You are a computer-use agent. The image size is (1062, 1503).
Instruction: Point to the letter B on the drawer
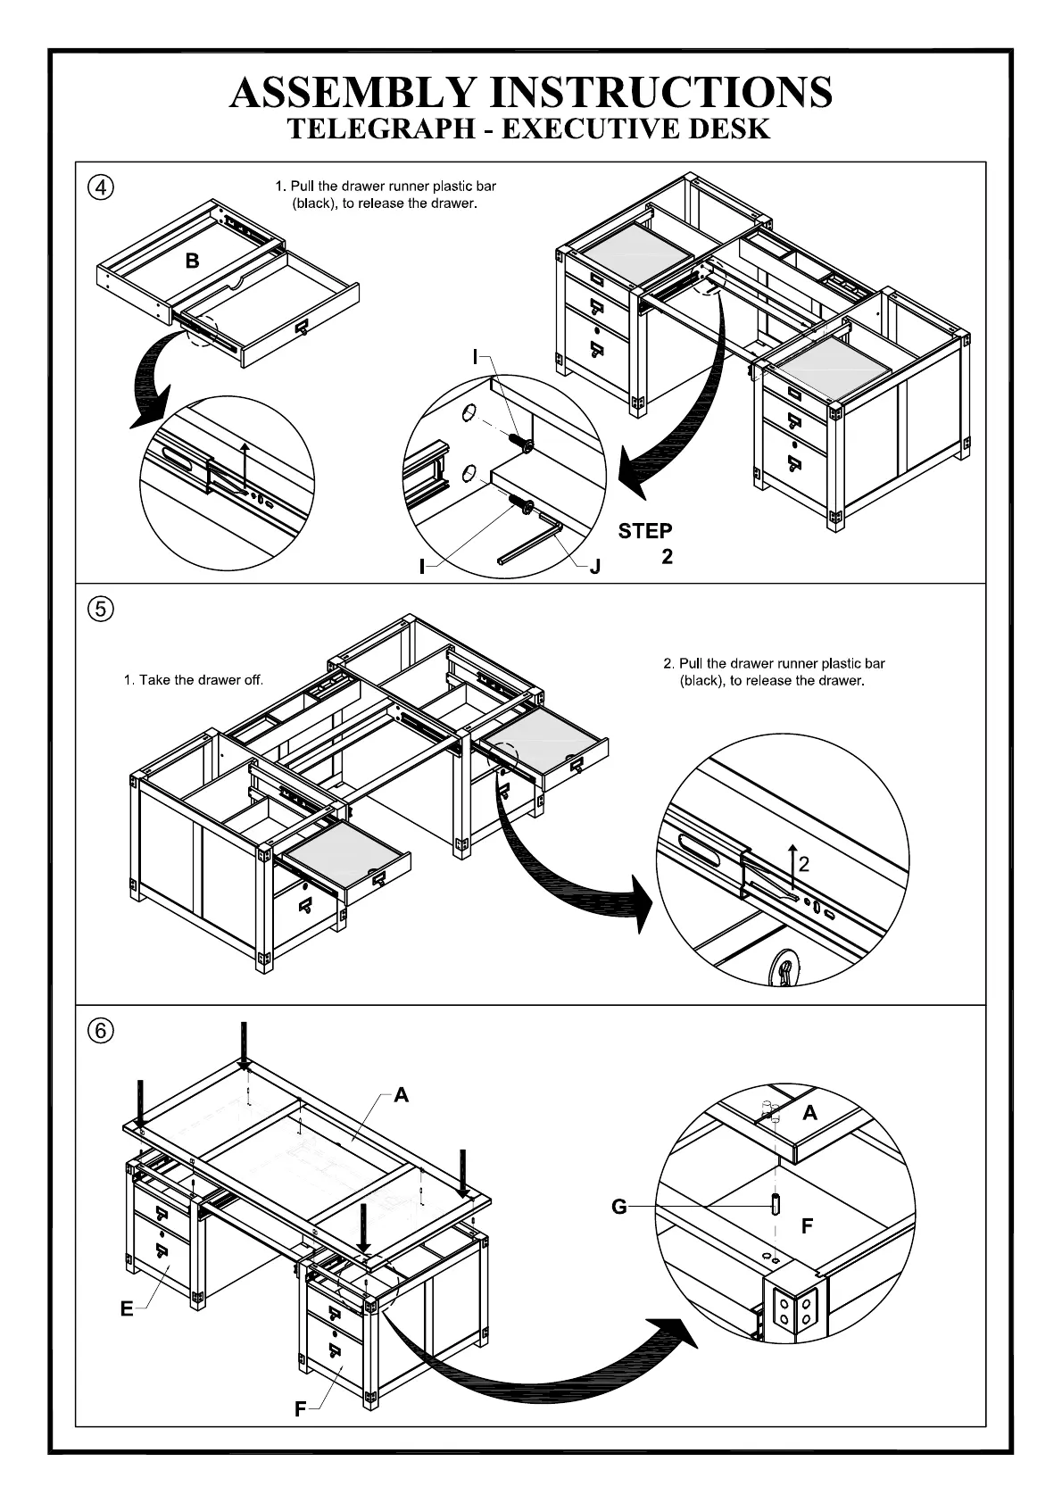click(192, 262)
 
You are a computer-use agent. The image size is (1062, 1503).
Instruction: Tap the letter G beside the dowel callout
click(619, 1208)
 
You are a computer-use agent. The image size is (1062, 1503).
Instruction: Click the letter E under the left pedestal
click(127, 1309)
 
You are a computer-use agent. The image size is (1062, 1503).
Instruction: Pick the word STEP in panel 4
click(645, 532)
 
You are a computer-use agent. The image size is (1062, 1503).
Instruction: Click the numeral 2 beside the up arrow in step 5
click(804, 864)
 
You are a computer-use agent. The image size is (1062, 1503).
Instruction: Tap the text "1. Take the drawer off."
click(194, 680)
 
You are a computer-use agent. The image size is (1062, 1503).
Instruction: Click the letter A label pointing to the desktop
click(402, 1094)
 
